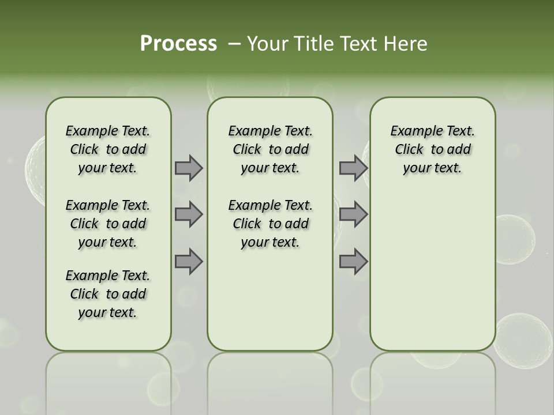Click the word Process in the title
178,43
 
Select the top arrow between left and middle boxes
189,168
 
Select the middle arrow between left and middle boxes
189,214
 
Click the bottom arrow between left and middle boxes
189,262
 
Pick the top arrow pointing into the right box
353,168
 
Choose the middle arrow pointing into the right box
353,214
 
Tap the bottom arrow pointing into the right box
353,262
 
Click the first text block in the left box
108,149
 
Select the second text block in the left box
108,224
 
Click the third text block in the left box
108,294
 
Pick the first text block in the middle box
270,149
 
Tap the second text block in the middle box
270,224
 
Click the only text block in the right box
432,149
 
